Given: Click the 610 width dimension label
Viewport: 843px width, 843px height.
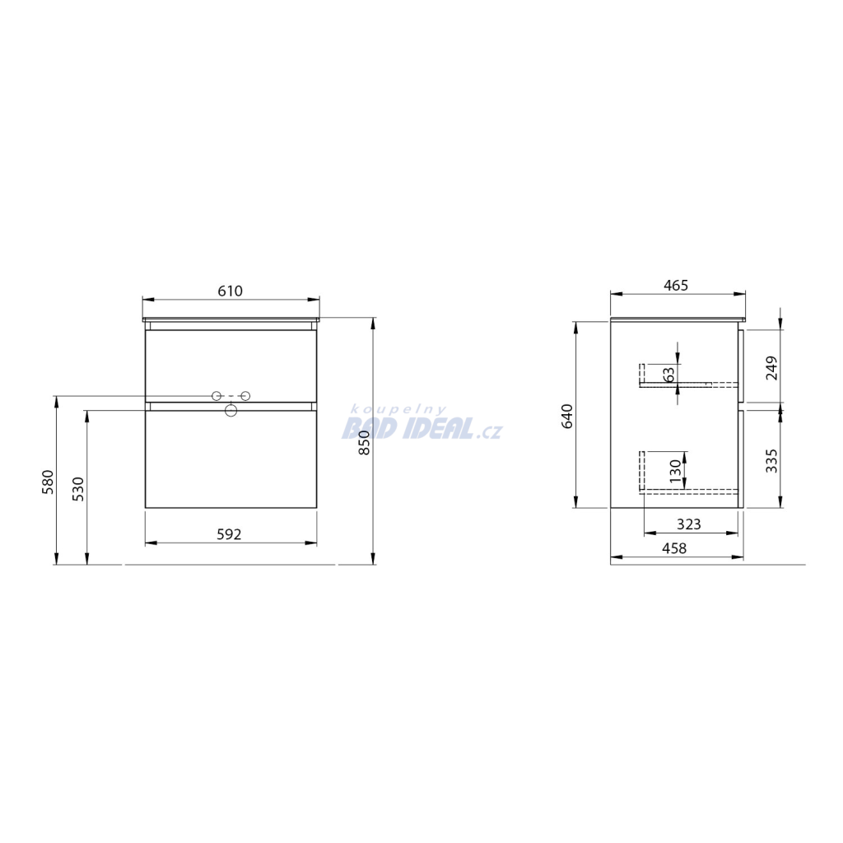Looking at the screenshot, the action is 231,291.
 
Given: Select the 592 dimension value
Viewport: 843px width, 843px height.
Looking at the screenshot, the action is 229,534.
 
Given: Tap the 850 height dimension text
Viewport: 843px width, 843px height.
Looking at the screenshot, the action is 365,443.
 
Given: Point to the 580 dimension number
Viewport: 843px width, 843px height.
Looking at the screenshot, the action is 49,482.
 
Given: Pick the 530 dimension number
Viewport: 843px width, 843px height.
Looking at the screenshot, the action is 78,489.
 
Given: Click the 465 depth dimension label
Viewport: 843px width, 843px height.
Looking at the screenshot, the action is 676,286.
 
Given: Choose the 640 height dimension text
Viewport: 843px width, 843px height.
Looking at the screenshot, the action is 567,416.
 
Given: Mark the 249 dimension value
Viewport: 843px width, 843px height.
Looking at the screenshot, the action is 772,368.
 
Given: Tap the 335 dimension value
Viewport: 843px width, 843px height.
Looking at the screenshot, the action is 772,461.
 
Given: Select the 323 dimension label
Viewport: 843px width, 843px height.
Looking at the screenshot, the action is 689,524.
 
